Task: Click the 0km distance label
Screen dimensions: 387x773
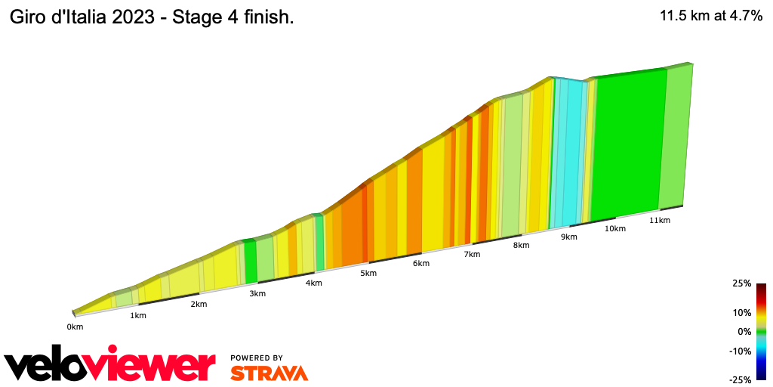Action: (74, 327)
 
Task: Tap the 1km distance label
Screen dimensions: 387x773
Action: (137, 315)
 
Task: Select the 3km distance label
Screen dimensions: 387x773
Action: (257, 293)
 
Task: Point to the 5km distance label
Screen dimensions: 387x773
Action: (368, 273)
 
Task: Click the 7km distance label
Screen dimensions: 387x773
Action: (472, 254)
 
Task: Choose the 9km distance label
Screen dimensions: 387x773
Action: (568, 237)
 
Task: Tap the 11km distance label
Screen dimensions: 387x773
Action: (659, 220)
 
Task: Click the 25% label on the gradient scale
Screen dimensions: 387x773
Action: (742, 283)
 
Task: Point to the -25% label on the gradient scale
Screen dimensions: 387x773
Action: (741, 380)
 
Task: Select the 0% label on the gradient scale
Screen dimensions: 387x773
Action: (744, 331)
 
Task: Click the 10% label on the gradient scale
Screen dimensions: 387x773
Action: (742, 312)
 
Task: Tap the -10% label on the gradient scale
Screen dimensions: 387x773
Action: (741, 351)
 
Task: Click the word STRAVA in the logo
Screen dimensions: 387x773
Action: (269, 373)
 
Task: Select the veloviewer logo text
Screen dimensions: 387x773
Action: (109, 365)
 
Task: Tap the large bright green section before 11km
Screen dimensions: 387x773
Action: (627, 144)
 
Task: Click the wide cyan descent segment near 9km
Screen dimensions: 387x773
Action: (574, 151)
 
